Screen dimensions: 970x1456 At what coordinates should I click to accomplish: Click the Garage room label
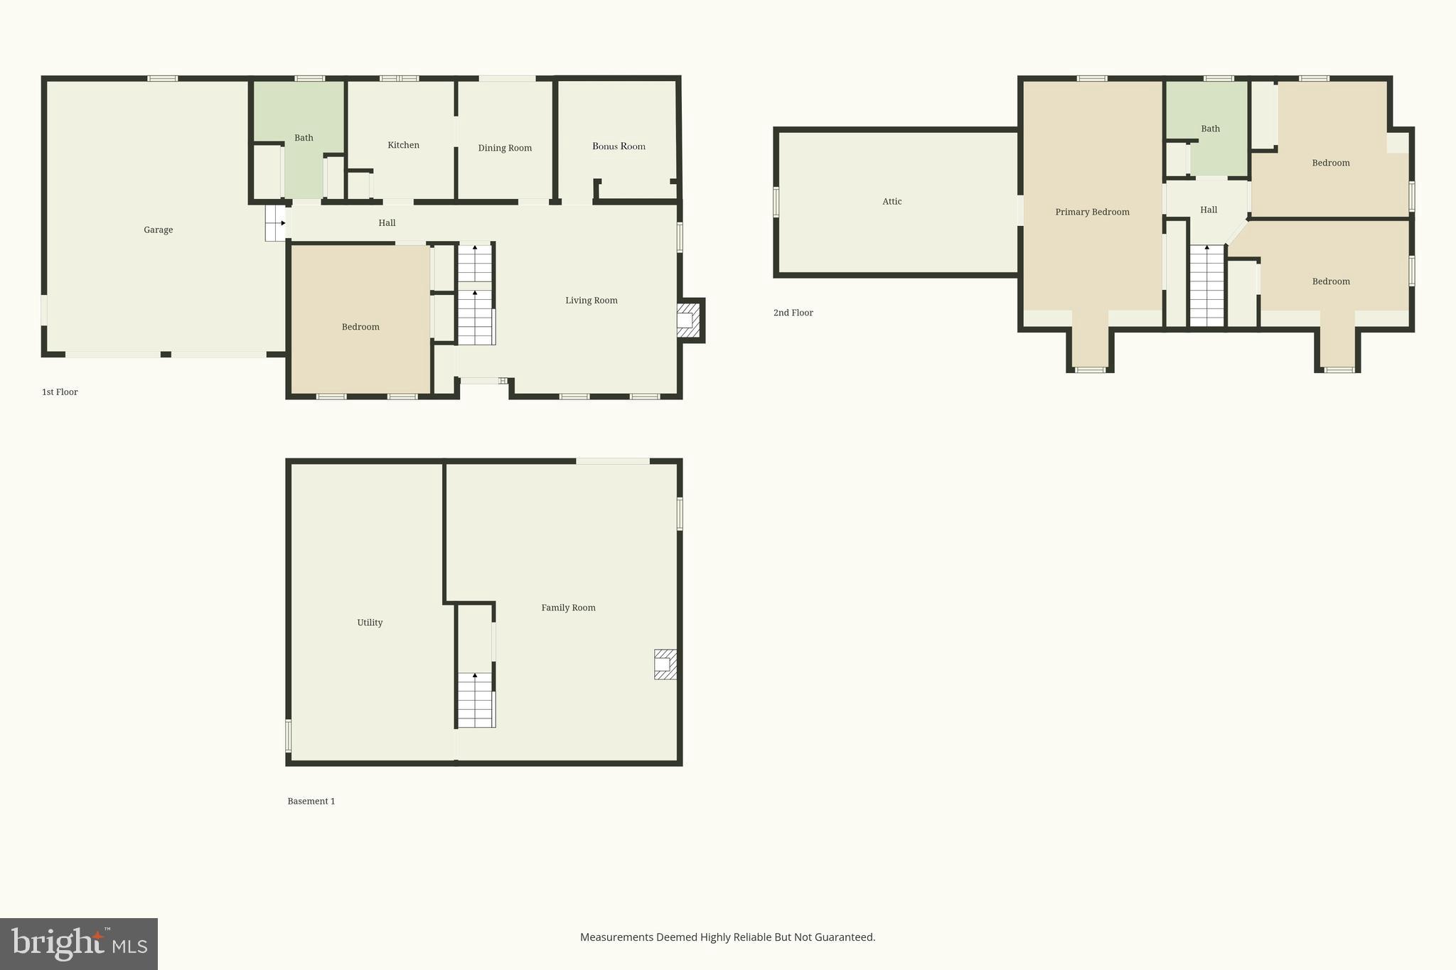[158, 230]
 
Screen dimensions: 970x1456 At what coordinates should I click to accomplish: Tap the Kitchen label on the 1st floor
[403, 145]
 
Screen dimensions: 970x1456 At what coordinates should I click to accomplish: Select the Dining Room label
[505, 148]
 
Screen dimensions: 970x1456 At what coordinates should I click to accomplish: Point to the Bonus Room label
[619, 146]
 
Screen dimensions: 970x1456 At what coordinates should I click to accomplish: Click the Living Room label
[591, 301]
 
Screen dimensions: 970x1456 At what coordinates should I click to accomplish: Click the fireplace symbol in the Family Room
[665, 664]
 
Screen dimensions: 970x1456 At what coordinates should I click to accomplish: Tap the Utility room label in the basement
[370, 623]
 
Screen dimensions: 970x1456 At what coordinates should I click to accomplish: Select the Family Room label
[568, 608]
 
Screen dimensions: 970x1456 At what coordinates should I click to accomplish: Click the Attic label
[892, 202]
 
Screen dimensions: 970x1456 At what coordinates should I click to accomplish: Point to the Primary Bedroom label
[1092, 212]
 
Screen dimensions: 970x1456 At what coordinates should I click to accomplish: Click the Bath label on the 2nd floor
[1210, 129]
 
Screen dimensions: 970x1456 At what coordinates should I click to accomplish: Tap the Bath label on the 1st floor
[304, 138]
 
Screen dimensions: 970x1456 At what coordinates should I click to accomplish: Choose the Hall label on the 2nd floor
[1209, 210]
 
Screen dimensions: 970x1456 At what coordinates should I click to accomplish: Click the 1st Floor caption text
[60, 392]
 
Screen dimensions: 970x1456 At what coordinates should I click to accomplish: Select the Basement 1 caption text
[311, 801]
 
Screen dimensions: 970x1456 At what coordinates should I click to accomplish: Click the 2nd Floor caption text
[793, 313]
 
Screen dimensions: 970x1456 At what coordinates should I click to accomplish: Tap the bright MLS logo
[78, 944]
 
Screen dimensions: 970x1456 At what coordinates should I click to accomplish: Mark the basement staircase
[475, 700]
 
